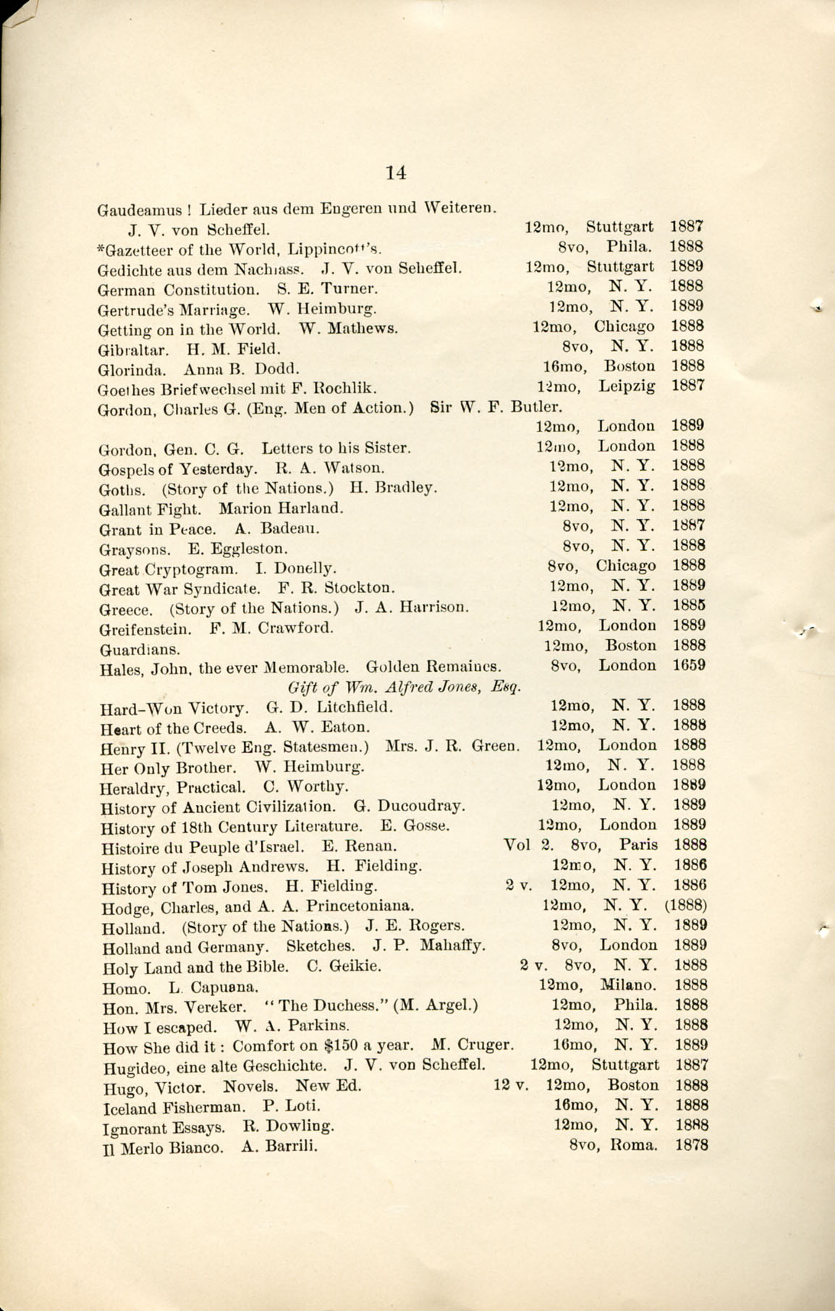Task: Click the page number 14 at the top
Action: tap(396, 173)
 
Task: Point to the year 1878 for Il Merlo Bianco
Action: tap(691, 1145)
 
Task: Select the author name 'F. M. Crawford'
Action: tap(271, 628)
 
